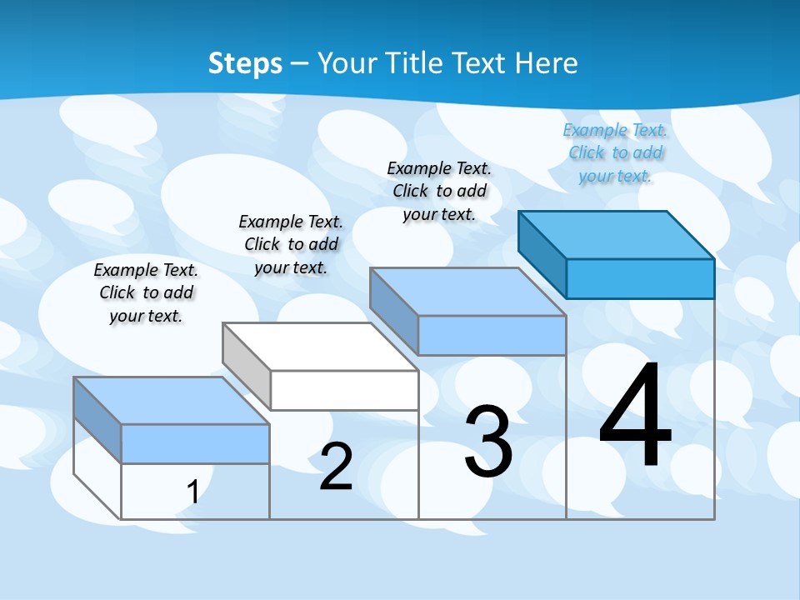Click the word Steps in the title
pyautogui.click(x=245, y=63)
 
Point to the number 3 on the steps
pyautogui.click(x=488, y=442)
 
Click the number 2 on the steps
pyautogui.click(x=336, y=467)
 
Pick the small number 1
pyautogui.click(x=192, y=492)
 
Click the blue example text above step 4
pyautogui.click(x=615, y=153)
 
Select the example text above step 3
pyautogui.click(x=439, y=191)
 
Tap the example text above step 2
pyautogui.click(x=291, y=244)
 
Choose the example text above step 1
pyautogui.click(x=146, y=292)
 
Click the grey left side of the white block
pyautogui.click(x=247, y=366)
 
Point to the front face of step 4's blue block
pyautogui.click(x=640, y=278)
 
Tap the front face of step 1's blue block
pyautogui.click(x=195, y=444)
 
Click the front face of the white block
pyautogui.click(x=344, y=390)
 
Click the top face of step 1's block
pyautogui.click(x=172, y=401)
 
